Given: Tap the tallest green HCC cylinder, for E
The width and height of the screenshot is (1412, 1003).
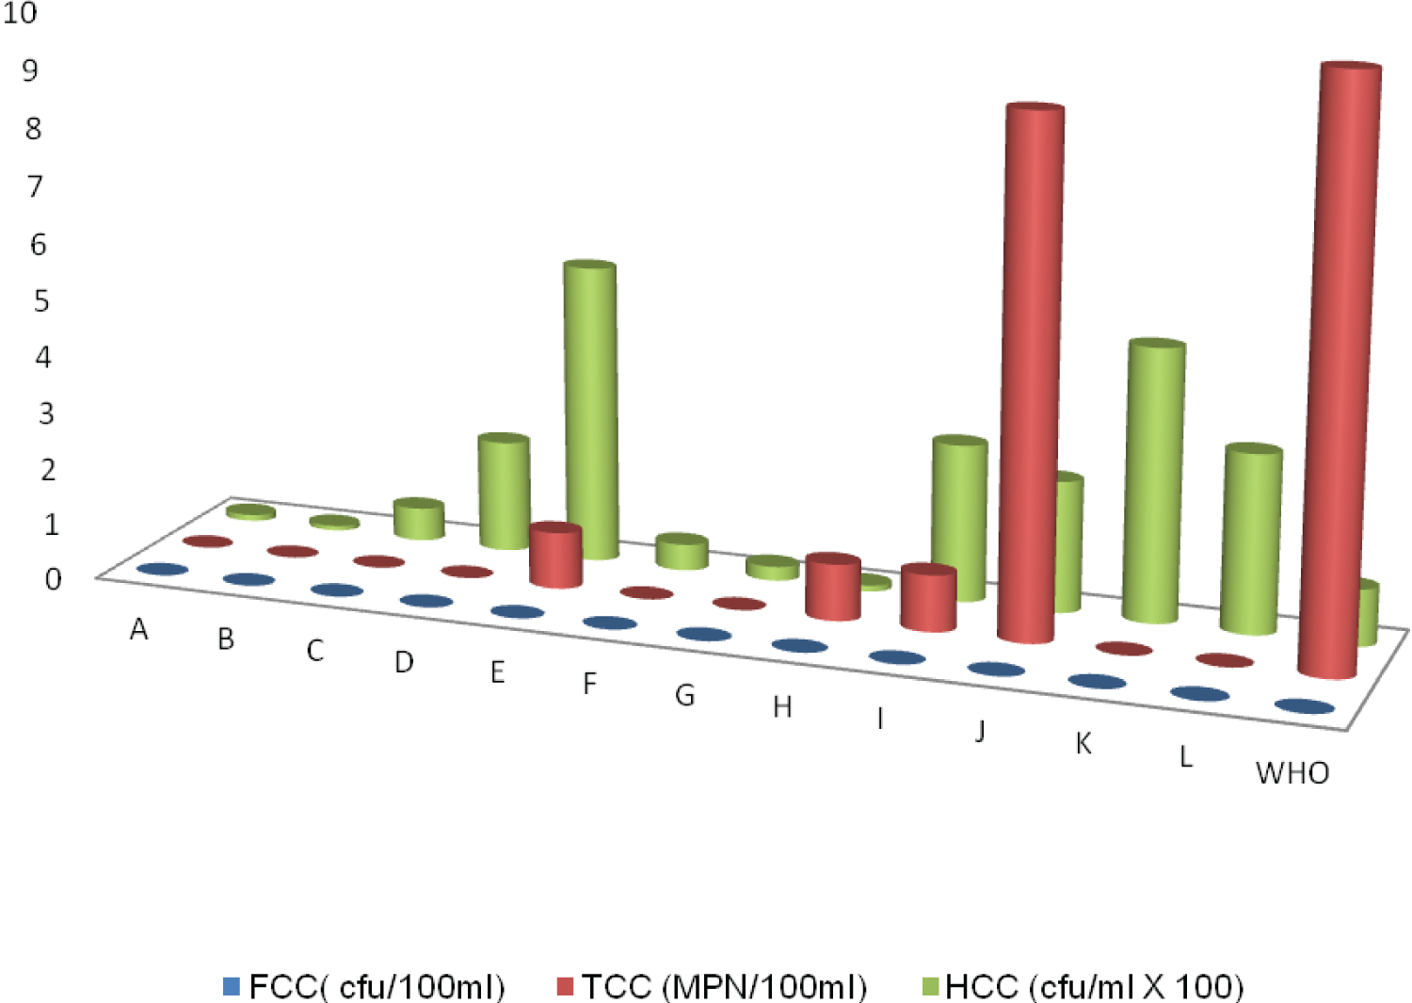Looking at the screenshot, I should [x=591, y=405].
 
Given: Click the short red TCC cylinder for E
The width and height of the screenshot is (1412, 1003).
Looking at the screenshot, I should [x=555, y=556].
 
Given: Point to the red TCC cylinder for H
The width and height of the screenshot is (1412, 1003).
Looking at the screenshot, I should [x=833, y=589].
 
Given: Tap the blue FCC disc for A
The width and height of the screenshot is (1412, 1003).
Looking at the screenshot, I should [x=162, y=570].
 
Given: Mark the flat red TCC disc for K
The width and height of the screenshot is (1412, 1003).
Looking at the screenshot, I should [x=1124, y=649].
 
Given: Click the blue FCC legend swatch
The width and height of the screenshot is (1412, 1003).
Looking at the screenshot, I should [x=232, y=986].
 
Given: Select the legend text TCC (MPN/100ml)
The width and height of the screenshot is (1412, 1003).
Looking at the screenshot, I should [x=723, y=986].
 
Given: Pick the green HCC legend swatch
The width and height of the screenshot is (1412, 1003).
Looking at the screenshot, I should [x=929, y=986].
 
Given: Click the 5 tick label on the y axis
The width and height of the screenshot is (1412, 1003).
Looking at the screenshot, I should [x=41, y=301].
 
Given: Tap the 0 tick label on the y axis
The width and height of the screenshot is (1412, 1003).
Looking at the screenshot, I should [x=53, y=579].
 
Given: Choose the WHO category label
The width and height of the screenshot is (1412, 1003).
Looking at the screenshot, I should [x=1292, y=773].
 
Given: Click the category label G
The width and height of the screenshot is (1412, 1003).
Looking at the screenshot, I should [x=684, y=695].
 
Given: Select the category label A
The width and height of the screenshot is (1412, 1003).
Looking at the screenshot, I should [x=139, y=629].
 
